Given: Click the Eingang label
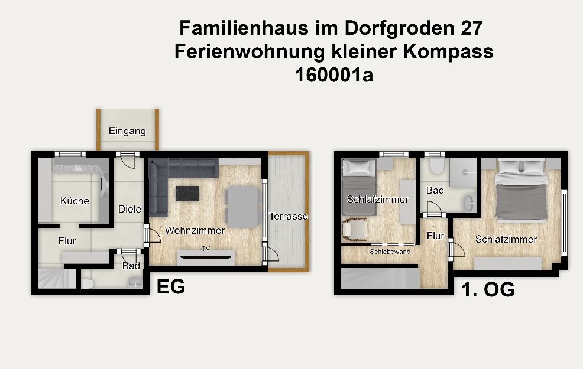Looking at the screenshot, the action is pyautogui.click(x=127, y=131).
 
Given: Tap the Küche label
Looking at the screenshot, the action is pyautogui.click(x=75, y=201).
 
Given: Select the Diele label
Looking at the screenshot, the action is pyautogui.click(x=129, y=209).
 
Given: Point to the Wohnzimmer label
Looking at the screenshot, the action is pyautogui.click(x=195, y=230).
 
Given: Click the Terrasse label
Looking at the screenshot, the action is pyautogui.click(x=289, y=216).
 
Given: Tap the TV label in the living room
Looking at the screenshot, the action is pyautogui.click(x=206, y=249).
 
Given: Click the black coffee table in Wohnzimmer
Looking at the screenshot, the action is pyautogui.click(x=187, y=194).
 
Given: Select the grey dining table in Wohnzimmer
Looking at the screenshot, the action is pyautogui.click(x=243, y=207).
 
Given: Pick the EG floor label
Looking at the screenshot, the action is pyautogui.click(x=171, y=286).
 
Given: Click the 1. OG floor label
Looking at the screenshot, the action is pyautogui.click(x=488, y=289).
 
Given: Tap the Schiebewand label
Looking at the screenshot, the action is pyautogui.click(x=390, y=252).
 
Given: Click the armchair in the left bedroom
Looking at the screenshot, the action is pyautogui.click(x=354, y=228).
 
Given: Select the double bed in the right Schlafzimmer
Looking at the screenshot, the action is pyautogui.click(x=522, y=191).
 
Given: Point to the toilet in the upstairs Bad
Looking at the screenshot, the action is pyautogui.click(x=435, y=166).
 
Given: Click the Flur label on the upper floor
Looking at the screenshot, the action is pyautogui.click(x=435, y=236).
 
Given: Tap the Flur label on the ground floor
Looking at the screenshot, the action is pyautogui.click(x=67, y=241).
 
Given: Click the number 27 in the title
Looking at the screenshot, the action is pyautogui.click(x=472, y=28).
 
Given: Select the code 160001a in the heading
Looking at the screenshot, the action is pyautogui.click(x=334, y=75).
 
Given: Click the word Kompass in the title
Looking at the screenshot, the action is pyautogui.click(x=448, y=52).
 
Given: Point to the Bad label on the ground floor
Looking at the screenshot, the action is pyautogui.click(x=131, y=266).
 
